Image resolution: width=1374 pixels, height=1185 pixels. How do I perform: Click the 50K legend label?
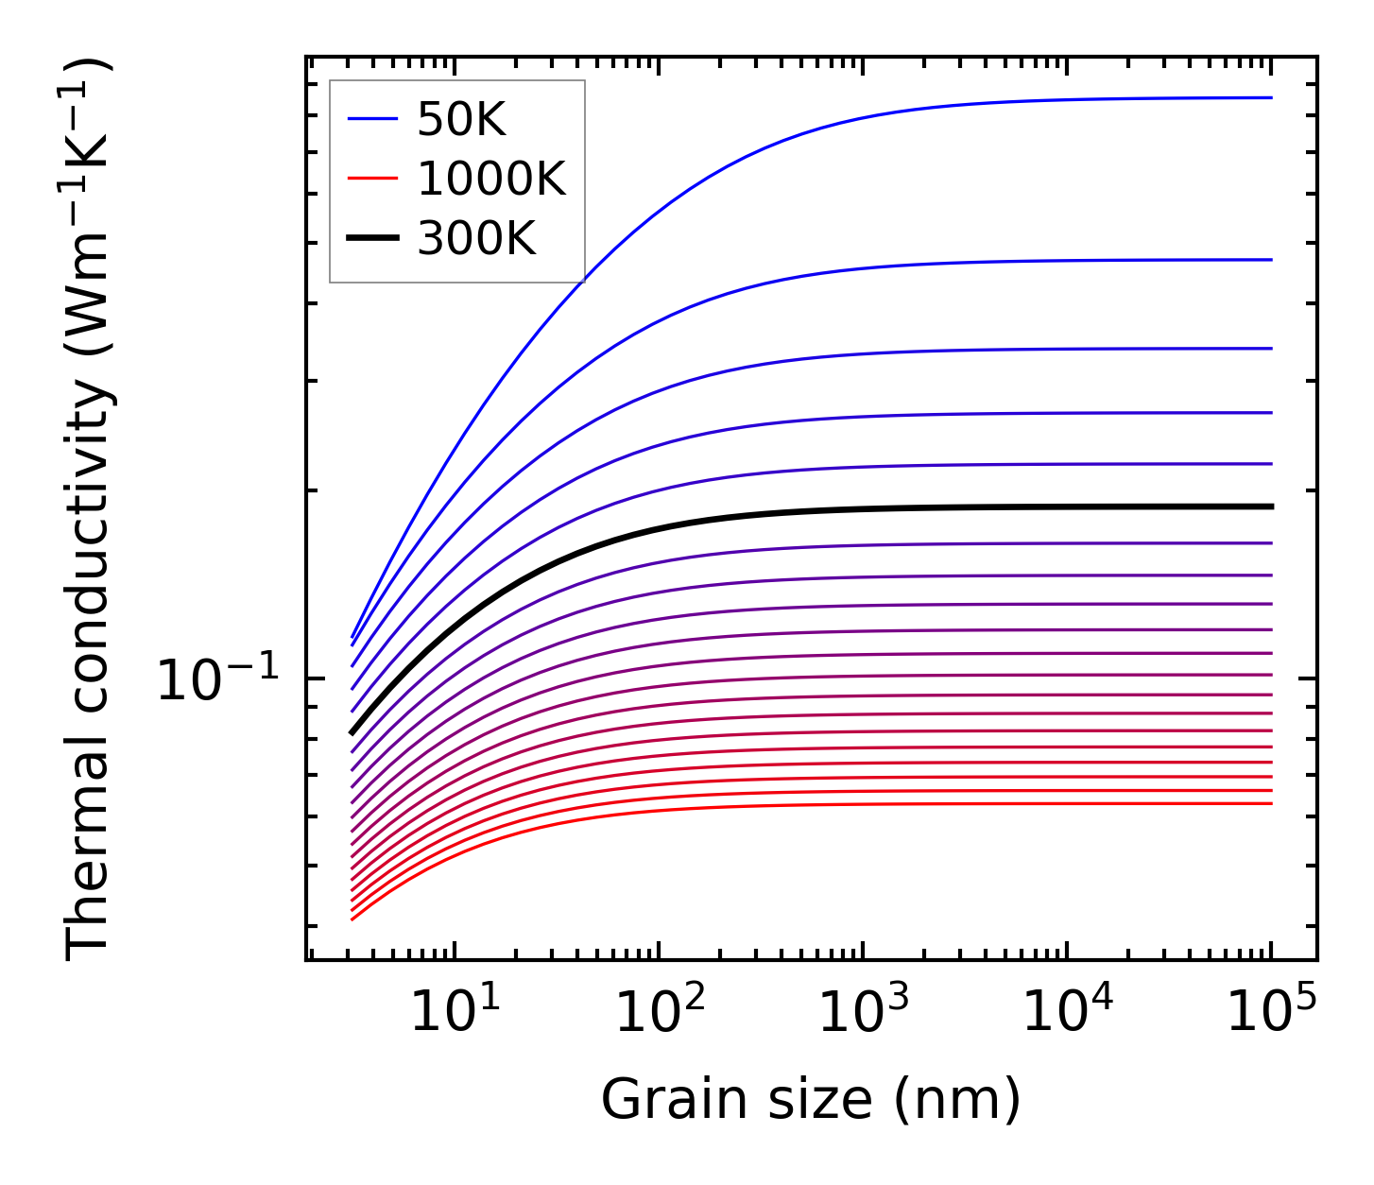tap(461, 120)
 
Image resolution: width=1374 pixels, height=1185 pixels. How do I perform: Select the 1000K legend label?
tap(490, 179)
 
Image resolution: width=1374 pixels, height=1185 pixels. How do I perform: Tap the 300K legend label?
tap(476, 239)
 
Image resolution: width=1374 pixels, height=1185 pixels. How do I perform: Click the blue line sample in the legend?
tap(372, 120)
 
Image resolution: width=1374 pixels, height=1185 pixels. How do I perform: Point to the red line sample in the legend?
tap(372, 180)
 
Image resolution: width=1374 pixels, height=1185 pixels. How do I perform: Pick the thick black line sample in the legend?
tap(372, 239)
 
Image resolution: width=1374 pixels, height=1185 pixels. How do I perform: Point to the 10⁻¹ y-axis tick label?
tap(218, 679)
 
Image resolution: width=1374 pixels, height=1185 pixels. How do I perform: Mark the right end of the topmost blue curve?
tap(1271, 97)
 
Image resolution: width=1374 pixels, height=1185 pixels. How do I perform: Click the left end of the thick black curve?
tap(352, 732)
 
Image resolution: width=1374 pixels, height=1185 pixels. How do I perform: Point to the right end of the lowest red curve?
tap(1271, 803)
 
